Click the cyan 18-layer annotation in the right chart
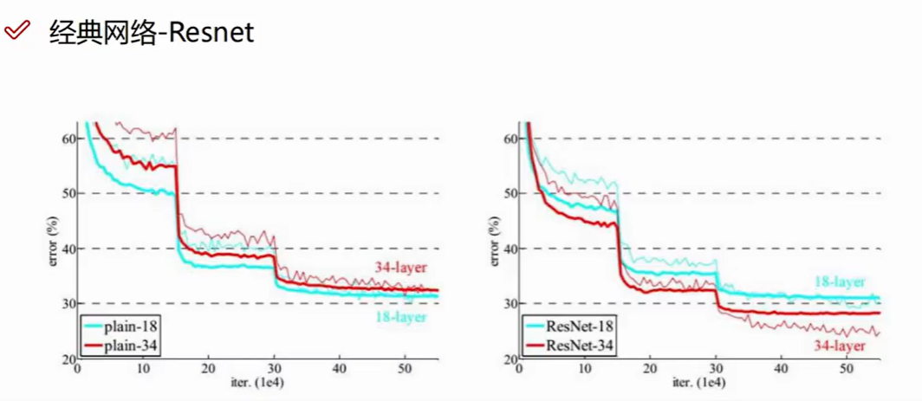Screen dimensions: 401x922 [839, 282]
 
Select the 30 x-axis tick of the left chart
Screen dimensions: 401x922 [274, 369]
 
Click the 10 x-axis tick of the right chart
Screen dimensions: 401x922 [586, 369]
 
